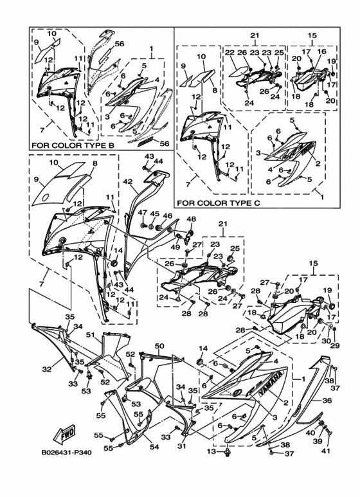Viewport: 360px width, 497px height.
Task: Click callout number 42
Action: tap(128, 182)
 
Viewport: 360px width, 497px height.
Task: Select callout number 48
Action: tap(190, 219)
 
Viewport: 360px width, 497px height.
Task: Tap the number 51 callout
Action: tap(91, 334)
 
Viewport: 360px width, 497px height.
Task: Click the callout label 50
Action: tap(159, 346)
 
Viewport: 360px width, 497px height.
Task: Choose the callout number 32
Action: tap(46, 369)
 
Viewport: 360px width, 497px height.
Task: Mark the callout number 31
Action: tap(181, 446)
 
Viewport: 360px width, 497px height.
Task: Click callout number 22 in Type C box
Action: tap(229, 52)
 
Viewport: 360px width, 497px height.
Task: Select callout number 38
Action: tap(285, 445)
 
